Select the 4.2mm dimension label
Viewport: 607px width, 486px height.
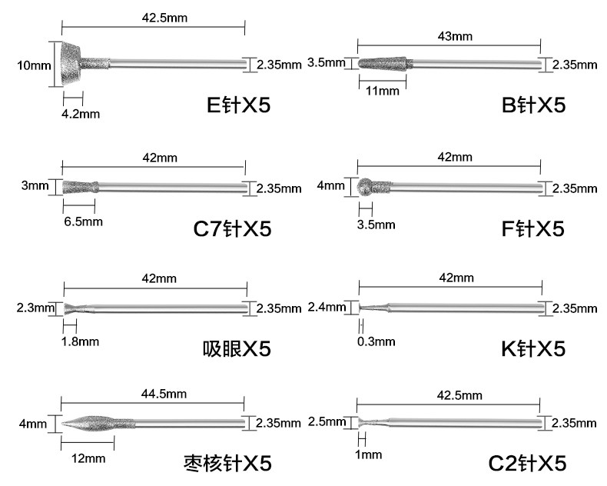click(81, 114)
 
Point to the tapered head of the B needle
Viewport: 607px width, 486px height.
click(381, 63)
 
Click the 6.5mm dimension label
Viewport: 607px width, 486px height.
click(81, 222)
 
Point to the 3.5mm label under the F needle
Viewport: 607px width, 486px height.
click(376, 225)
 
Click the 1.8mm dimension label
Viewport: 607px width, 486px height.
click(80, 341)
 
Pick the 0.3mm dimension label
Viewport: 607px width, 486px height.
click(376, 341)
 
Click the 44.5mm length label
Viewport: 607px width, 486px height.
click(164, 394)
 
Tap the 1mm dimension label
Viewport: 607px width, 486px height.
click(369, 454)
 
